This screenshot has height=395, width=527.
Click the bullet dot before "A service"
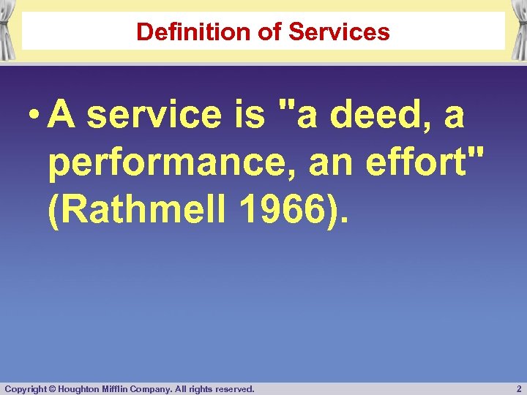pos(33,116)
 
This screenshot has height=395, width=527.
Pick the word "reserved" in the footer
pos(235,388)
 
